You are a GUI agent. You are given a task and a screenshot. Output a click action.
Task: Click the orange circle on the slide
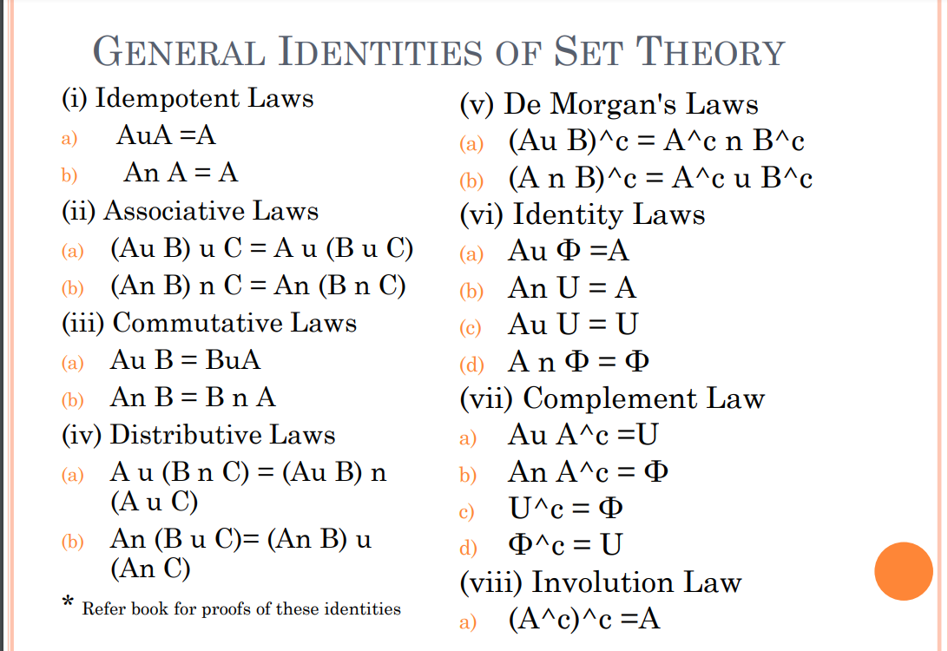coord(903,571)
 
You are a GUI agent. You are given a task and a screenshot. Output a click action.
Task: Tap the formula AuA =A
coord(166,135)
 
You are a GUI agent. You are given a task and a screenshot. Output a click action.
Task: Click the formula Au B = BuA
coord(185,359)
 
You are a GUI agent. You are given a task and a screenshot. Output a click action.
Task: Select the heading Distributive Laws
coord(221,434)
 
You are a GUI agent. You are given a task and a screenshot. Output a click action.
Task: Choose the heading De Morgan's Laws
coord(630,104)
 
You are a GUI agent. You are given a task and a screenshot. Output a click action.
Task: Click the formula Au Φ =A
coord(569,251)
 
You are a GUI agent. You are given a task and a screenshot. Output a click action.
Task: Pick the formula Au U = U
coord(573,324)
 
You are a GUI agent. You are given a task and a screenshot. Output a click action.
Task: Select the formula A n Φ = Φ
coord(579,361)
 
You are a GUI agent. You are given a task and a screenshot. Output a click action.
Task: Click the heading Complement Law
coord(643,398)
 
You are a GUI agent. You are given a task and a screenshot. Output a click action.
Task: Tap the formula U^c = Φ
coord(565,508)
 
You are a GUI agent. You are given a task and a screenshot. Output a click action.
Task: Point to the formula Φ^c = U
coord(565,545)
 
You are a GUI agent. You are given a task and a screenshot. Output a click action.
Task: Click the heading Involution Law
coord(635,582)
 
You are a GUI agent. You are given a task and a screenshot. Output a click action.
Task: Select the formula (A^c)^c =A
coord(584,619)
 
